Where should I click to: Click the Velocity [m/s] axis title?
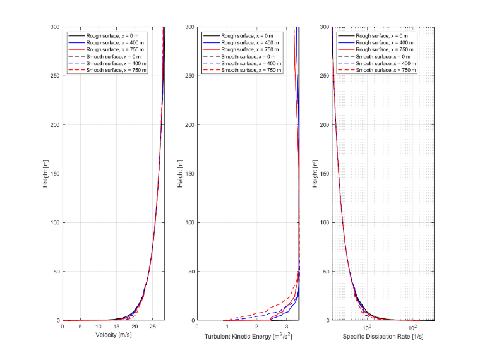tap(114, 335)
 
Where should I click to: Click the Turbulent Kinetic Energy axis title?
tap(248, 336)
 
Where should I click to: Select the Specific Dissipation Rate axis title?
tap(383, 337)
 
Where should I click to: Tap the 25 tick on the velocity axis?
tap(152, 327)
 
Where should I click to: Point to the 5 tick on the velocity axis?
tap(80, 327)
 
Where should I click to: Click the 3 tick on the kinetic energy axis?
tap(287, 327)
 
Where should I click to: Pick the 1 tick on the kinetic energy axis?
tap(227, 327)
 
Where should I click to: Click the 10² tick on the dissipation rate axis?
tap(412, 328)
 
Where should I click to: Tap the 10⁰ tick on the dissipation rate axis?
tap(366, 328)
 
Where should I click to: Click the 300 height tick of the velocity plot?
tap(55, 27)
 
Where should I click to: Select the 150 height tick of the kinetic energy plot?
tap(190, 174)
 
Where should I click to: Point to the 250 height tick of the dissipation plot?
tap(325, 76)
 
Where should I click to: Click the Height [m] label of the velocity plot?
tap(45, 174)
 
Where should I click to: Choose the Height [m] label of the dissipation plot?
tap(315, 174)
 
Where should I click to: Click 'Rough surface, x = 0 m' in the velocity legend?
tap(112, 36)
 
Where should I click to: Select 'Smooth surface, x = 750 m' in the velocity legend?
tap(116, 70)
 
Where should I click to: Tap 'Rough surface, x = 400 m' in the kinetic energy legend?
tap(250, 42)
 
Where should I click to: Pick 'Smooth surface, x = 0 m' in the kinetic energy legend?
tap(248, 57)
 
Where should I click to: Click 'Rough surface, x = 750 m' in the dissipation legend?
tap(385, 49)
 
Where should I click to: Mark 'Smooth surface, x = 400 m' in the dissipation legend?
tap(386, 63)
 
